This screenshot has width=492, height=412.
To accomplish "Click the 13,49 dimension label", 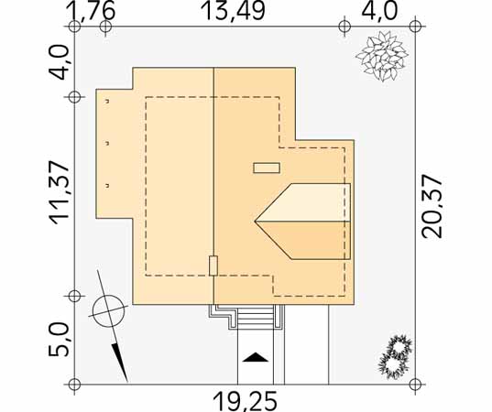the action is coord(234,10).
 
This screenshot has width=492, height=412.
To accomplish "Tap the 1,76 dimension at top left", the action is coord(91,10).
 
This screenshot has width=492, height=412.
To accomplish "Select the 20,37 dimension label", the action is coord(432,206).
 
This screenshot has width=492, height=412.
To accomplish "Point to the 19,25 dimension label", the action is coord(246,400).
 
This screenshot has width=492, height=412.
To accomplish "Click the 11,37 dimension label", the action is coord(60,192).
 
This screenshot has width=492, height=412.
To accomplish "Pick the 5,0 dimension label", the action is coord(59,341).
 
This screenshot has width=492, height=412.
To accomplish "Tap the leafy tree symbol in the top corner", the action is coord(382,56).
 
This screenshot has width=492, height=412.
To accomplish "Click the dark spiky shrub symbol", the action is coord(396,355).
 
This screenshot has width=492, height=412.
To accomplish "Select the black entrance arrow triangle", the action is coord(256,357).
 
